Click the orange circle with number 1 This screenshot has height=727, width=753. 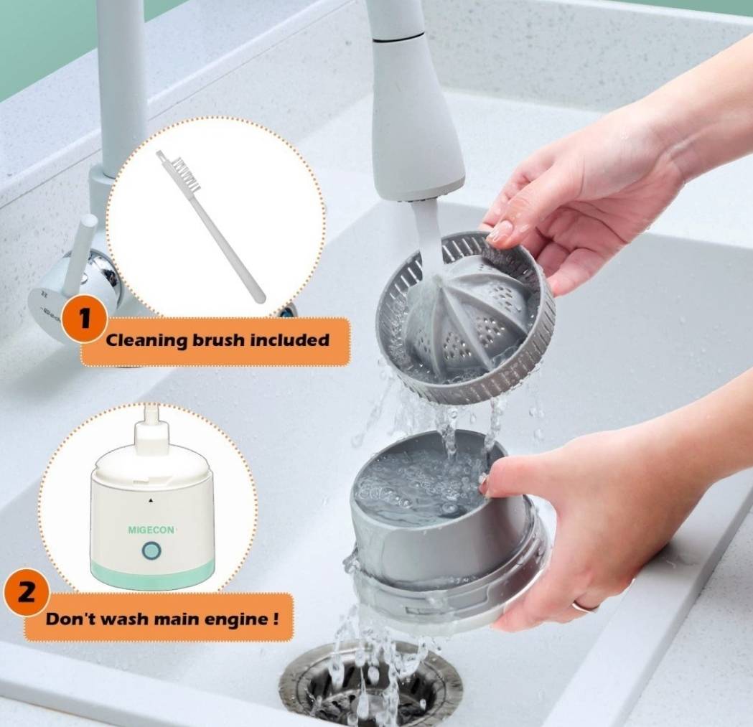coord(85,319)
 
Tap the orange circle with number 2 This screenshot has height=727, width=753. coord(26,593)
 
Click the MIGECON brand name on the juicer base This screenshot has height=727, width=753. coord(151,530)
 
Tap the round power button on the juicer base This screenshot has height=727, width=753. coord(151,551)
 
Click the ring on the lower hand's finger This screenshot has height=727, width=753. coord(584,606)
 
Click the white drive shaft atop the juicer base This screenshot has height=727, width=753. coord(151,427)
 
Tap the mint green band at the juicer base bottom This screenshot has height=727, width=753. coord(152,576)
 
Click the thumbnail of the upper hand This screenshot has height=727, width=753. coord(501,231)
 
